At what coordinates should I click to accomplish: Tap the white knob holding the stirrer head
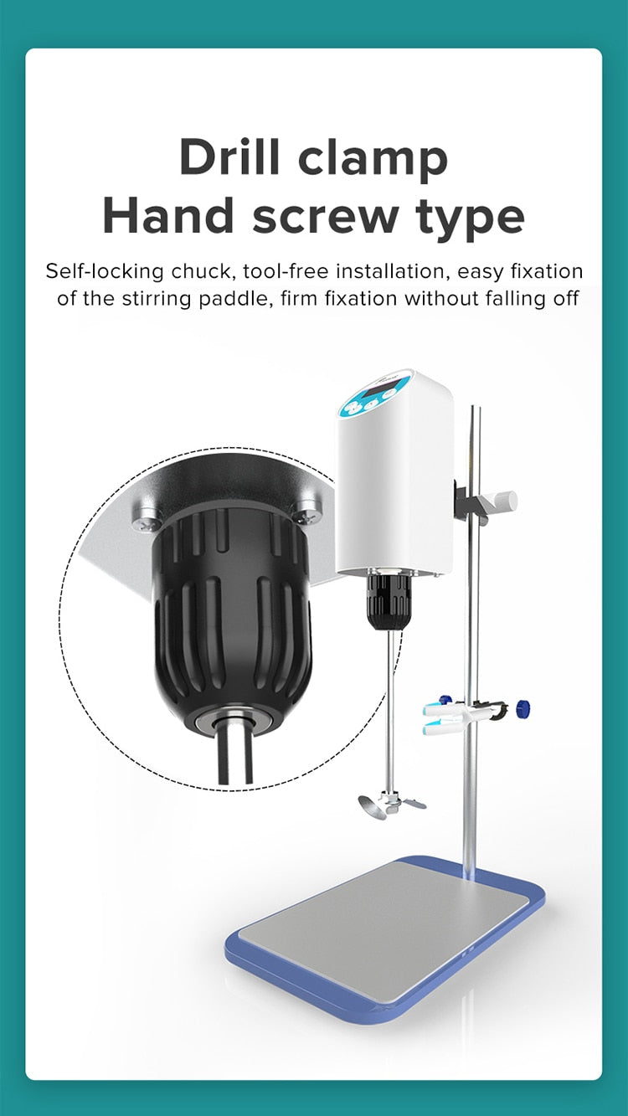[502, 499]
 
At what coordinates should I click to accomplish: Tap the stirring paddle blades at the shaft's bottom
[391, 804]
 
